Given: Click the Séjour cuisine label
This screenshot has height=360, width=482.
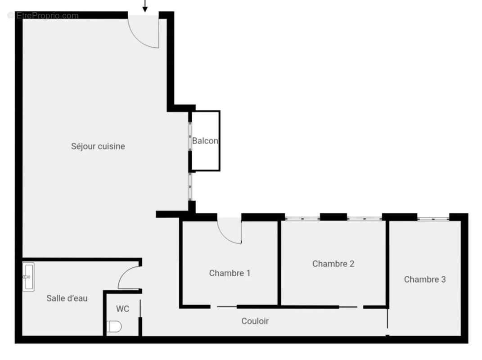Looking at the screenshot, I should click(x=98, y=146).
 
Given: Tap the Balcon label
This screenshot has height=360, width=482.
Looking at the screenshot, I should click(x=205, y=141).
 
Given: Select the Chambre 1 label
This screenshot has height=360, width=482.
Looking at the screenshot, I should click(x=230, y=273).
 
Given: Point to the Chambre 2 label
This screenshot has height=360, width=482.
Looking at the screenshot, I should click(x=333, y=264).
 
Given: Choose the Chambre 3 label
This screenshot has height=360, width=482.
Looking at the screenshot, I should click(x=425, y=279).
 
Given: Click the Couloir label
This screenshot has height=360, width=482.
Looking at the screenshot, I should click(x=255, y=321).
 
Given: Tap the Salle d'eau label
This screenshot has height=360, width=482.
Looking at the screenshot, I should click(x=67, y=298).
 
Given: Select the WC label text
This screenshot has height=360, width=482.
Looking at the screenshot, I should click(x=122, y=309).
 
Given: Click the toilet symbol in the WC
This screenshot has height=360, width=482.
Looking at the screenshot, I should click(x=114, y=326).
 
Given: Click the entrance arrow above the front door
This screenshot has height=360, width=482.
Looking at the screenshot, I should click(x=145, y=6).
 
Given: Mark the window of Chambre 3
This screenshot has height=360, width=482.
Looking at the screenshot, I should click(x=433, y=219).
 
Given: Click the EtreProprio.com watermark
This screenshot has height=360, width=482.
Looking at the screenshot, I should click(x=43, y=16).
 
